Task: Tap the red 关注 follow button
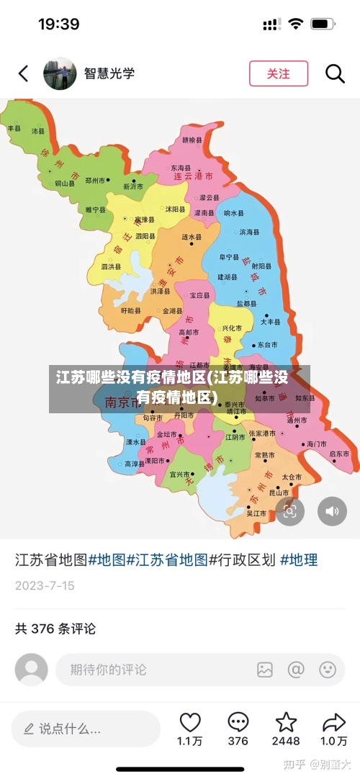pos(279,73)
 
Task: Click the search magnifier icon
pos(335,73)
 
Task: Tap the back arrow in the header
pos(24,73)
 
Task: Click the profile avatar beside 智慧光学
pos(60,73)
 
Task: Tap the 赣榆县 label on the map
pos(192,140)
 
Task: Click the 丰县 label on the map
pos(14,128)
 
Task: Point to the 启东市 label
pos(339,454)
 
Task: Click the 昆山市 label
pos(279,493)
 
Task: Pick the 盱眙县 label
pos(131,311)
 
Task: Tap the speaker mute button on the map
pos(332,511)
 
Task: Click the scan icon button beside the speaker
pos(289,511)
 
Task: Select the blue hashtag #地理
pos(299,559)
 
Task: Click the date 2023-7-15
pos(45,585)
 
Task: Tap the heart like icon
pos(190,722)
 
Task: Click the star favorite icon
pos(286,722)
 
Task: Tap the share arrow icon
pos(333,722)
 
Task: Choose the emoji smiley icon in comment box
pos(328,670)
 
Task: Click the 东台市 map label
pos(267,345)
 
